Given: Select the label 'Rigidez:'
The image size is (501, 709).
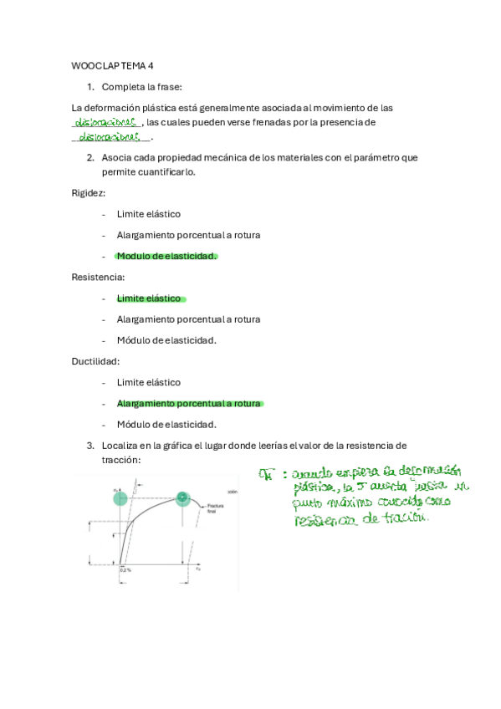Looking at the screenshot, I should [89, 192].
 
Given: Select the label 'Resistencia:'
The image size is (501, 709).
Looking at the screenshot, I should [97, 277].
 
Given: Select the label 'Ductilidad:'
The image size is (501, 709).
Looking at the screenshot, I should [95, 361].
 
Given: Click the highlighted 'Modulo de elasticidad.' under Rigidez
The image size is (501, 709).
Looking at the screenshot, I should [166, 256].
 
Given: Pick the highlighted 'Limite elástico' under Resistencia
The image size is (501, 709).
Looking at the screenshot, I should [149, 298].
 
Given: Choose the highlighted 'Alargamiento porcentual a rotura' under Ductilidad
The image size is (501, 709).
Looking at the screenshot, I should [189, 403].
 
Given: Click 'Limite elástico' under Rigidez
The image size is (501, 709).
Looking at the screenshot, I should [149, 214].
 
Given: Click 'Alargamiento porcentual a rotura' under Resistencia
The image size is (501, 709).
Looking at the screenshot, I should [189, 319].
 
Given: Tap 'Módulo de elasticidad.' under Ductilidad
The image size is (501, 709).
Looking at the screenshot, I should [166, 424].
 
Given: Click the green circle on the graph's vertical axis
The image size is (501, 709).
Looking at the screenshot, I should [120, 499].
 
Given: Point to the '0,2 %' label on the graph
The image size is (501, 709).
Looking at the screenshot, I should [125, 569].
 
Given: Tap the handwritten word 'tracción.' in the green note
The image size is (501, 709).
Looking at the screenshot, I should [404, 519].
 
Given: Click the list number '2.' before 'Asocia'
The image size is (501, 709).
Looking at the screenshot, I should [90, 157].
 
